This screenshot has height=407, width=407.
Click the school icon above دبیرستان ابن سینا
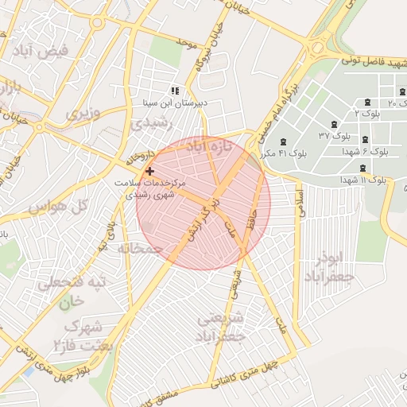click(x=175, y=91)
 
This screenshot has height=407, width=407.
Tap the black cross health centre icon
click(x=149, y=171)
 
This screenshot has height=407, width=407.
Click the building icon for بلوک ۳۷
click(x=333, y=124)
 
